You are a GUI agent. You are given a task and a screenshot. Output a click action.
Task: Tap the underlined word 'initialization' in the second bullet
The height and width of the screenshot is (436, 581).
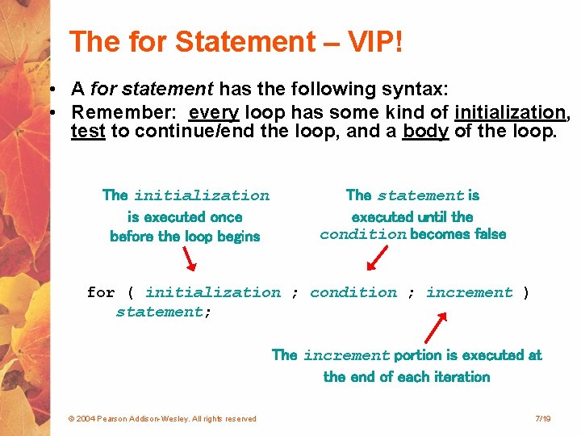pyautogui.click(x=510, y=112)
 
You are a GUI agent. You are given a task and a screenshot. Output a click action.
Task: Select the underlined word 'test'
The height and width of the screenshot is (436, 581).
pyautogui.click(x=88, y=131)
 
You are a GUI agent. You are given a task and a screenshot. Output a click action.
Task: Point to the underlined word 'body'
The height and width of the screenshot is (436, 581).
pyautogui.click(x=425, y=131)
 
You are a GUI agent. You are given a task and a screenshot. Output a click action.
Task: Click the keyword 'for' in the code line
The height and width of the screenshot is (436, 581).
pyautogui.click(x=101, y=292)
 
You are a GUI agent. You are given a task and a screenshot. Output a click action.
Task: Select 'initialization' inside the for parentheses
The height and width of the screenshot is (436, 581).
pyautogui.click(x=213, y=292)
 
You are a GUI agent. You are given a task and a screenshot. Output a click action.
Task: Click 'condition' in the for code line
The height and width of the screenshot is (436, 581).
pyautogui.click(x=353, y=292)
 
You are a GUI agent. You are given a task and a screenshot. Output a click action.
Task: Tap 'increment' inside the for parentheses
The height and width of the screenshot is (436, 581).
pyautogui.click(x=470, y=292)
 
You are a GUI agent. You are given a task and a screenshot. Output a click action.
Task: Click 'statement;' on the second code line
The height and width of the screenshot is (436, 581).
pyautogui.click(x=164, y=312)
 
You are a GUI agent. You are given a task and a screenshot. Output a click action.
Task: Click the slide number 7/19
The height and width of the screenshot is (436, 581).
pyautogui.click(x=542, y=418)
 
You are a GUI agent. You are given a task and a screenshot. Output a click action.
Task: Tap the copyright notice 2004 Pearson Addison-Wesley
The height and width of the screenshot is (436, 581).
pyautogui.click(x=162, y=418)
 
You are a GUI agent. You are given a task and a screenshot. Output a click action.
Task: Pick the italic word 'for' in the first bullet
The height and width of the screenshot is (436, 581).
pyautogui.click(x=102, y=89)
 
